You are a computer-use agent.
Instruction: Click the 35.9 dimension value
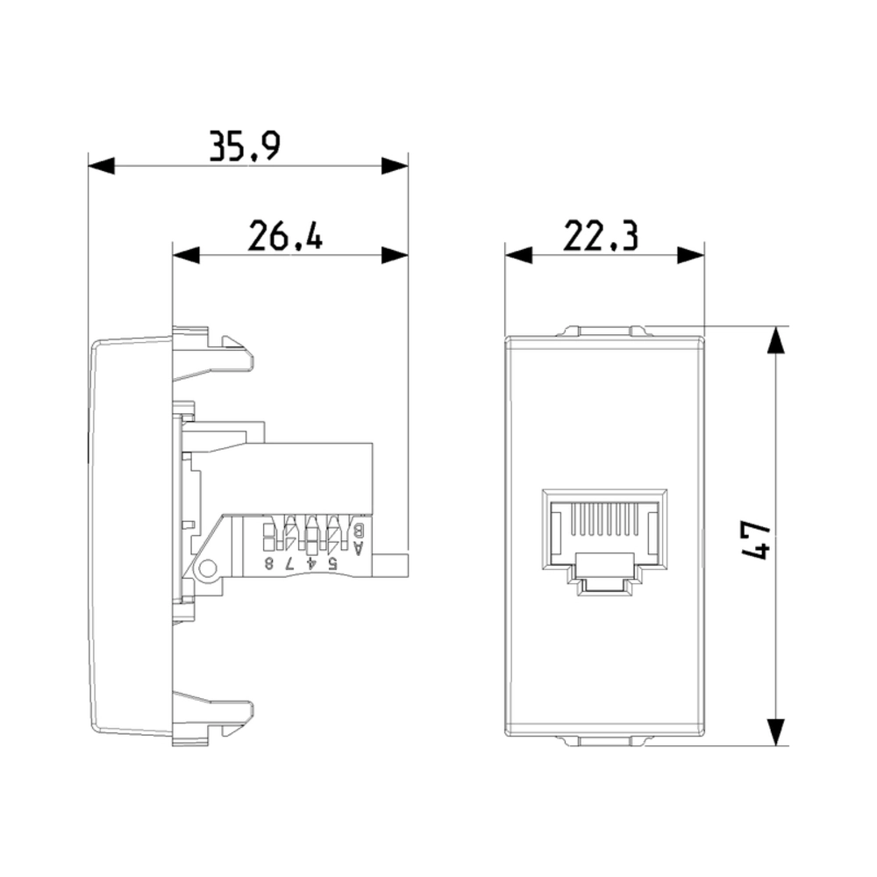[245, 146]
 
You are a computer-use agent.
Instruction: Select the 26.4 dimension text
[285, 235]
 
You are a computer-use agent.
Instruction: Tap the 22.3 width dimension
[600, 235]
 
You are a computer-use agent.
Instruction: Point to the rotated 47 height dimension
[756, 539]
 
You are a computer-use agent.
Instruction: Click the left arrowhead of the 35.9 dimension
[101, 166]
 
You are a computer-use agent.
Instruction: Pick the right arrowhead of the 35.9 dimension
[395, 166]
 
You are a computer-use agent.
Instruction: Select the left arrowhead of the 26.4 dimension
[186, 255]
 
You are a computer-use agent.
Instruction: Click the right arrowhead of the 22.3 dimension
[691, 255]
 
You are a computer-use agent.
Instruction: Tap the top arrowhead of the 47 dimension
[775, 340]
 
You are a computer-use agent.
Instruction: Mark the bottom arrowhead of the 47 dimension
[775, 732]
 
